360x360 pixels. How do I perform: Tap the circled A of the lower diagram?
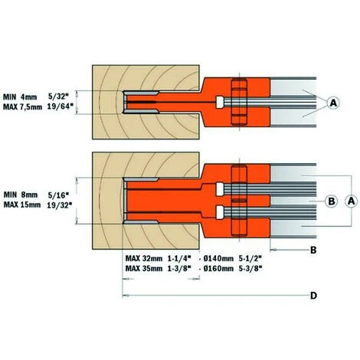[x=351, y=201]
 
